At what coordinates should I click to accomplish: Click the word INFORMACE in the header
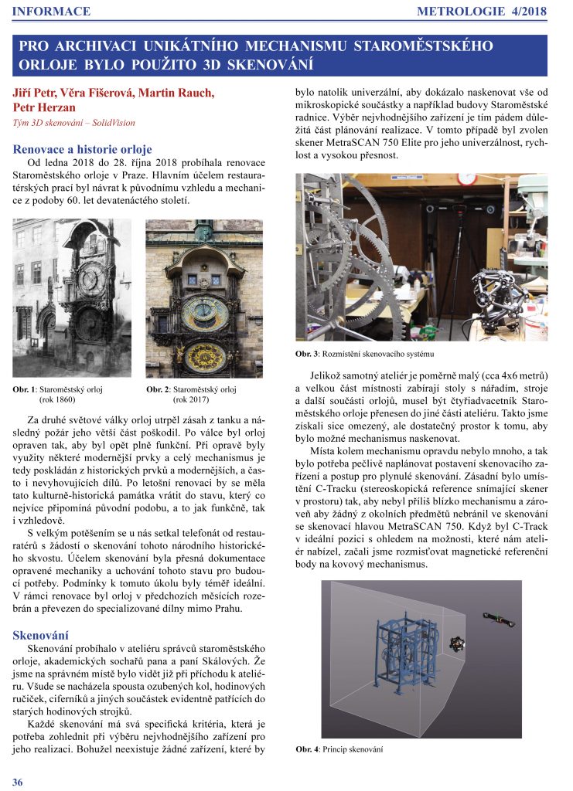[52, 12]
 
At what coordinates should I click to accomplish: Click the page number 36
[18, 782]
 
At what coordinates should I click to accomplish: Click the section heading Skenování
[43, 634]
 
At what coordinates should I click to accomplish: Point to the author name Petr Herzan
[45, 107]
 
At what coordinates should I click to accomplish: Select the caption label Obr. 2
[158, 390]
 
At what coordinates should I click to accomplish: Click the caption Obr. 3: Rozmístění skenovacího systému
[365, 355]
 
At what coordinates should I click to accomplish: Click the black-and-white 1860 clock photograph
[72, 297]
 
